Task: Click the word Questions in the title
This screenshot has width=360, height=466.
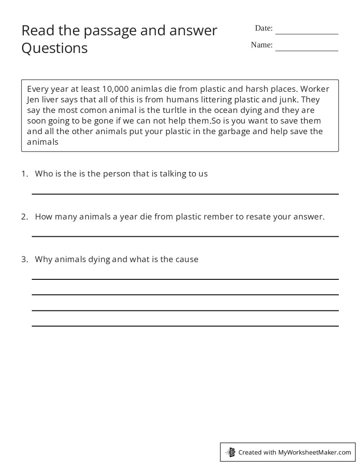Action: [55, 48]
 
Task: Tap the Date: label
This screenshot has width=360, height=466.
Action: [264, 28]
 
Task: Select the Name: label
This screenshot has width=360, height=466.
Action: [262, 45]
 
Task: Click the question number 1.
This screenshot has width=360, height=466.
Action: [24, 173]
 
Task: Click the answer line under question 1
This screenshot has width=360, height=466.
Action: [185, 194]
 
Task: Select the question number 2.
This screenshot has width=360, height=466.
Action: [24, 217]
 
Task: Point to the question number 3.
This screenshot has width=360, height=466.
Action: [24, 259]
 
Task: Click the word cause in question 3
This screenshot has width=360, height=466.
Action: [187, 259]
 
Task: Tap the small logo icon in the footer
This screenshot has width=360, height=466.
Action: [230, 452]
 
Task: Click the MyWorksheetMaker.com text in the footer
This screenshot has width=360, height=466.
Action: [314, 452]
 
